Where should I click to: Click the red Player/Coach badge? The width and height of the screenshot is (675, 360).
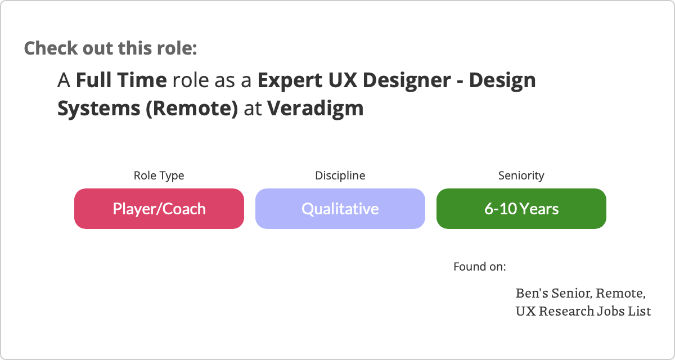tap(159, 209)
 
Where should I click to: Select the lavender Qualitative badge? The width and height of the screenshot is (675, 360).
tap(340, 209)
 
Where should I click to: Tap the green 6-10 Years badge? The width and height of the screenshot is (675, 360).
tap(521, 209)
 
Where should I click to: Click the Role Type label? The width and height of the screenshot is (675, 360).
tap(159, 175)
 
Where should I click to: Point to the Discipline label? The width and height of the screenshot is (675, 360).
tap(340, 175)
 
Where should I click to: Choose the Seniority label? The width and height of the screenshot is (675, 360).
tap(521, 175)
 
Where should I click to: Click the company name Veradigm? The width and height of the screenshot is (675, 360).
tap(315, 109)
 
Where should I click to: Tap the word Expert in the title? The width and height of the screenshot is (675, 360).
tap(290, 80)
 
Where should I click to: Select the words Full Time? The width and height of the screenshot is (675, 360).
tap(121, 80)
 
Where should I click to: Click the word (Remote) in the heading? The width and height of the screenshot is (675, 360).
tap(192, 109)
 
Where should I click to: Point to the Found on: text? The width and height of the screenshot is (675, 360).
tap(480, 267)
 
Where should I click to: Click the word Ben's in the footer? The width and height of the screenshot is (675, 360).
tap(532, 293)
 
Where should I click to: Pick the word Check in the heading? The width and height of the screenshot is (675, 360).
tap(51, 48)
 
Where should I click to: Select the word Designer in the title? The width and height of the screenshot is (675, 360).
tap(407, 80)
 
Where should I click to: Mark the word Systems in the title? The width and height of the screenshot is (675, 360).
tap(99, 109)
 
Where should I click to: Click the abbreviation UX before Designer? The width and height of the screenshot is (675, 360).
tap(343, 80)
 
